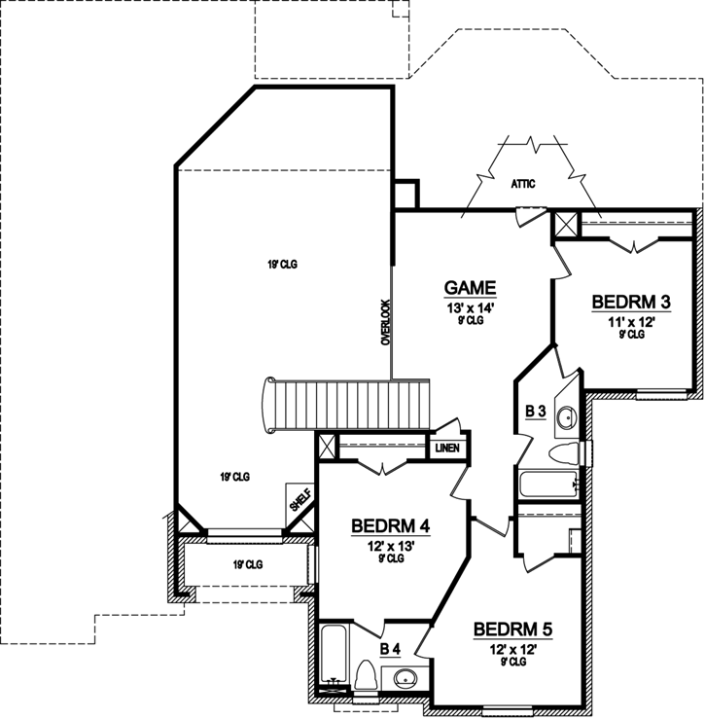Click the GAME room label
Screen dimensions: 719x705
(x=471, y=288)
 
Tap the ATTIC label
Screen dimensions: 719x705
(x=524, y=183)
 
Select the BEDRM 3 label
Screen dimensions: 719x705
(x=631, y=303)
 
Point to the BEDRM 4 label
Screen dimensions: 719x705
(x=390, y=527)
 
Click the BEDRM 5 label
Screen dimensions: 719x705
(x=512, y=630)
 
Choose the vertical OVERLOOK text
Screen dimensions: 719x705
(x=385, y=322)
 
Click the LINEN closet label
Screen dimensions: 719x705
(x=447, y=449)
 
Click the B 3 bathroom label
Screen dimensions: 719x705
(x=535, y=412)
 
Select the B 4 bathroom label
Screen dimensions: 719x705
(x=390, y=648)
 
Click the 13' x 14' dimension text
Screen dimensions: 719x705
(x=471, y=308)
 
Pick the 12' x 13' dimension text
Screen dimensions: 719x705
(x=390, y=547)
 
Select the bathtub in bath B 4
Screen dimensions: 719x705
(x=332, y=657)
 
